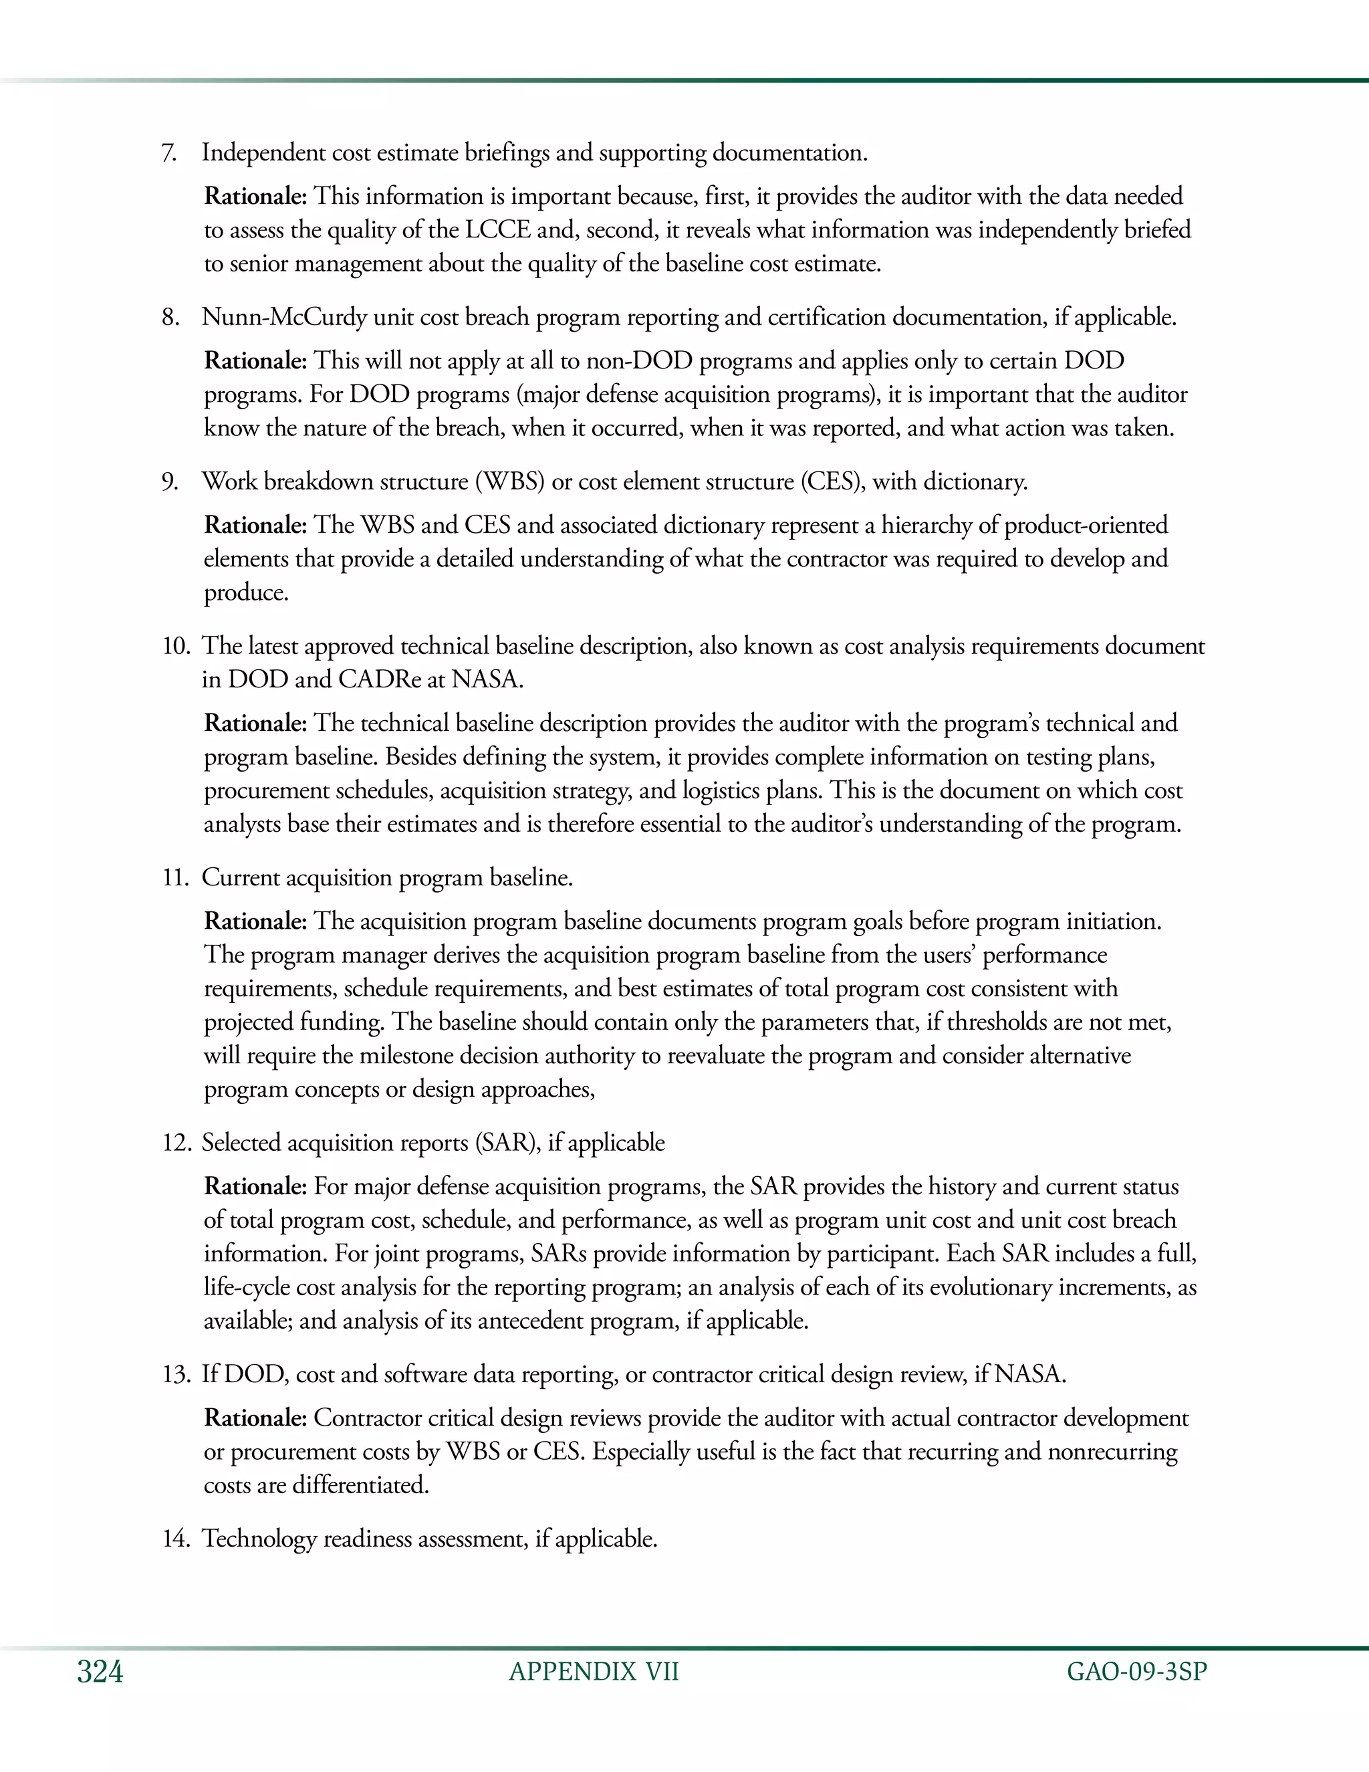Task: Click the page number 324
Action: pos(100,1672)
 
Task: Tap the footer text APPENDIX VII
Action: pos(594,1672)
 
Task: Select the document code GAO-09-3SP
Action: pos(1137,1672)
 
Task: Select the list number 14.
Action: pos(175,1539)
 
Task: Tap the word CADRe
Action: pos(379,679)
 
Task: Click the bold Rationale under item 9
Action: pos(255,525)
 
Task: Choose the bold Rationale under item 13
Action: pos(255,1418)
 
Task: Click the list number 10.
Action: pos(175,646)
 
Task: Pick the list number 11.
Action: pos(175,878)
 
